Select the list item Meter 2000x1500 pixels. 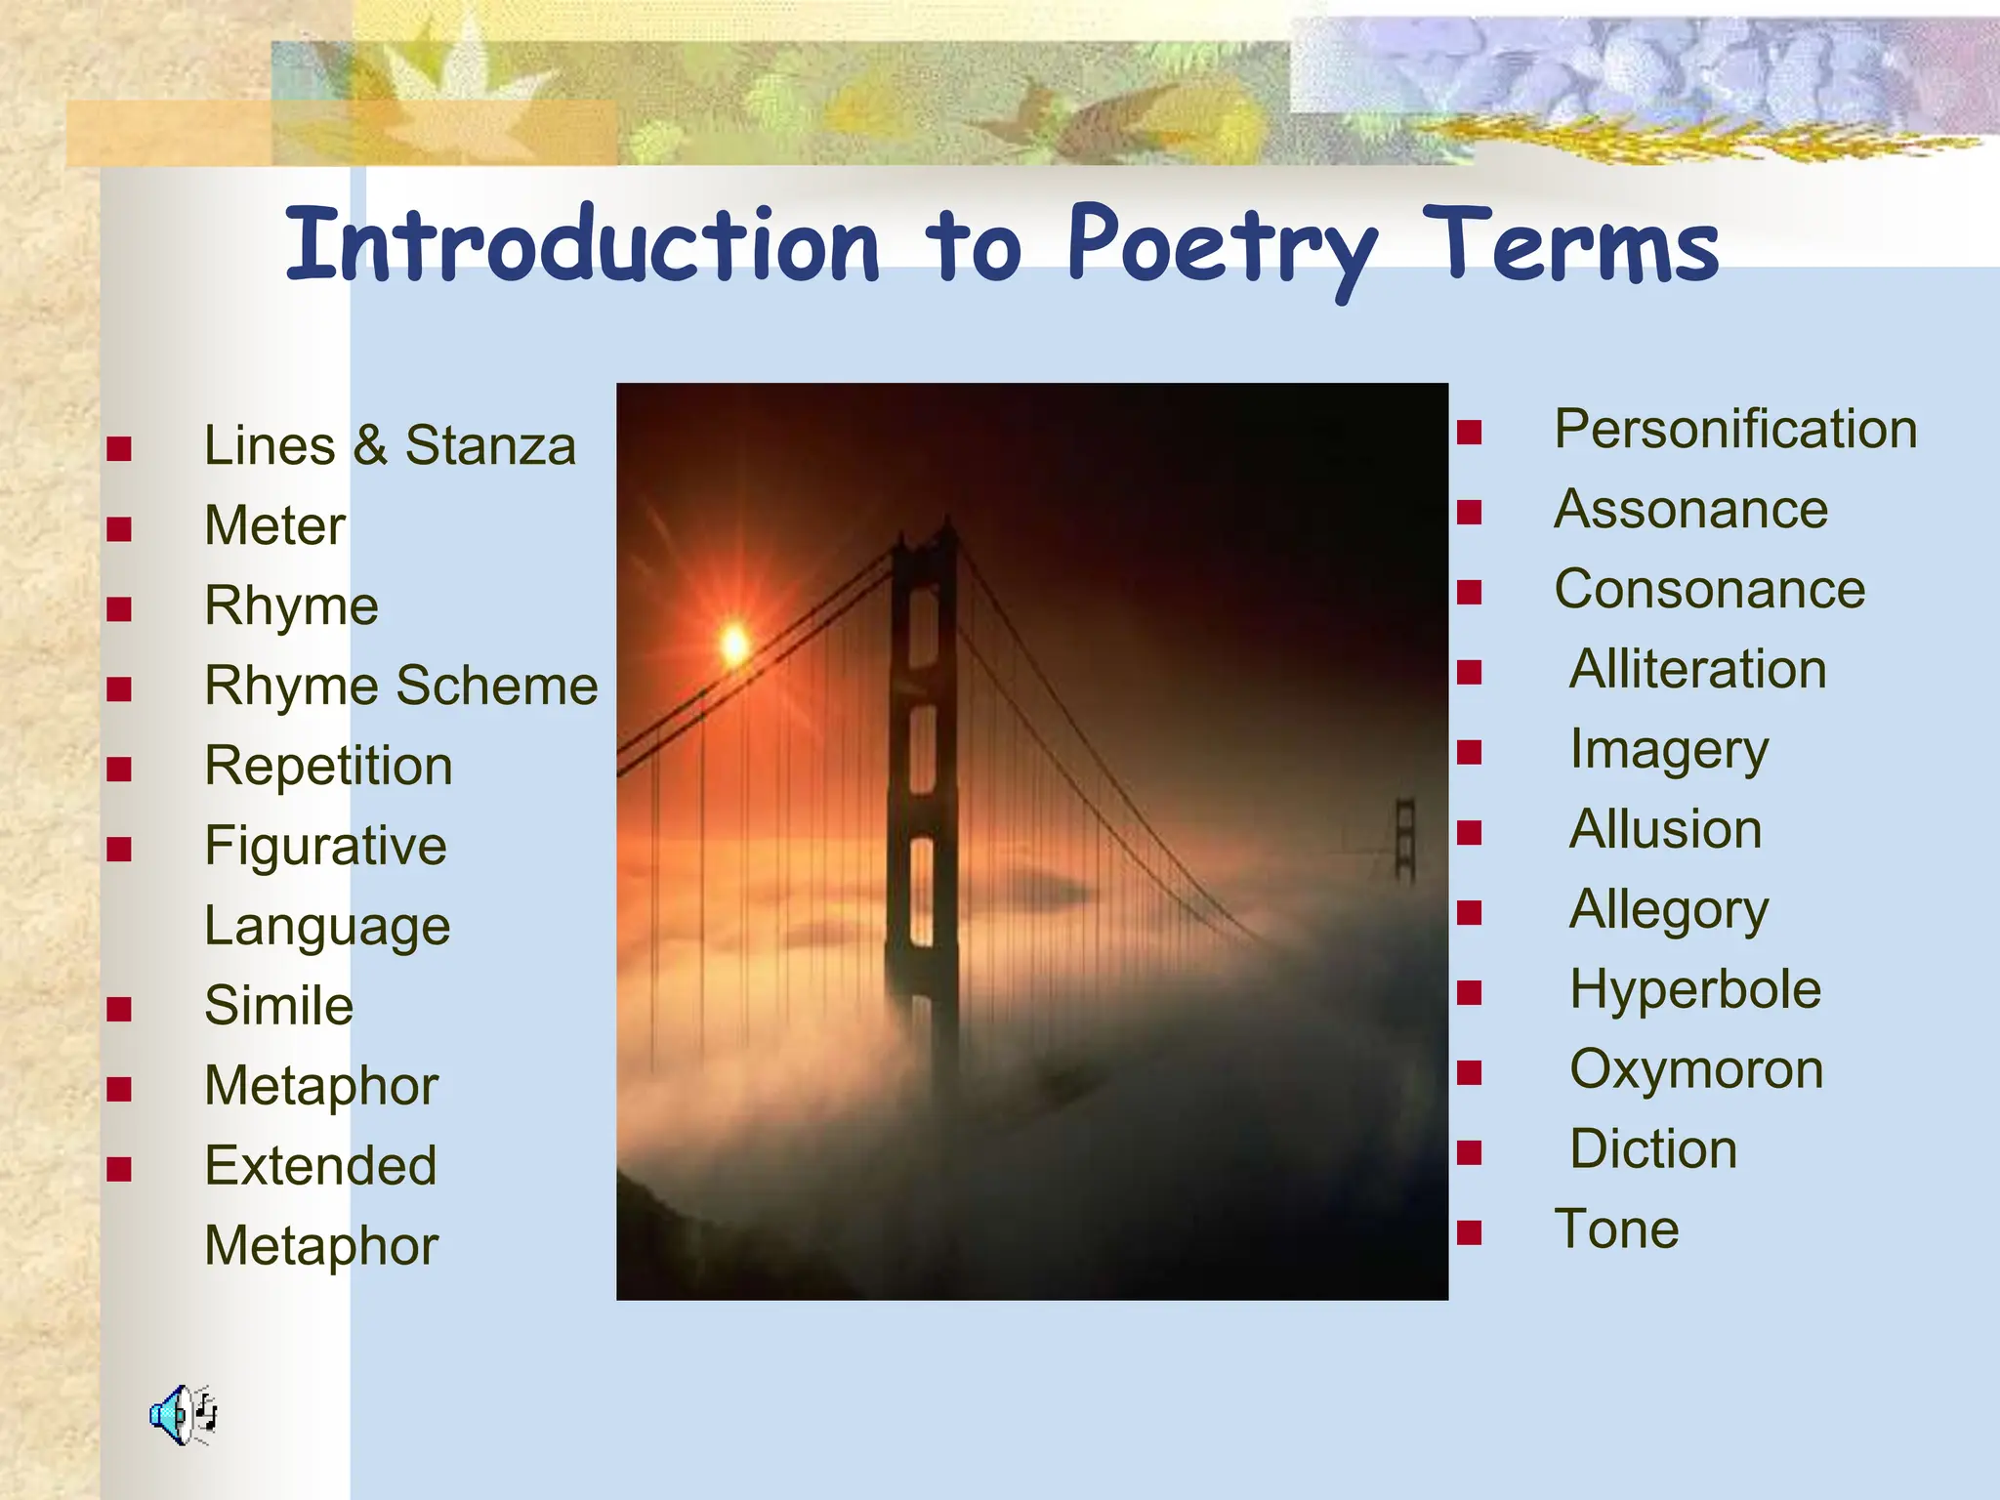(x=274, y=526)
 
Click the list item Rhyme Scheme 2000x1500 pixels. (x=400, y=686)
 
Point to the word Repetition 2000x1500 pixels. (x=328, y=766)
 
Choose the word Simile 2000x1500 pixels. (x=278, y=1006)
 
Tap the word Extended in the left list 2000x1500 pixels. (x=320, y=1166)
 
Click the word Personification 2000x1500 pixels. (x=1735, y=430)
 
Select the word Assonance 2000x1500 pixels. (x=1690, y=510)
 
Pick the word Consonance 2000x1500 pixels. (x=1709, y=590)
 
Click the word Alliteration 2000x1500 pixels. (x=1697, y=670)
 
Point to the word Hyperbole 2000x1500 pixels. (x=1695, y=990)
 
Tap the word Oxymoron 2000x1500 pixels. (x=1696, y=1070)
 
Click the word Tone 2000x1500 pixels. (x=1616, y=1229)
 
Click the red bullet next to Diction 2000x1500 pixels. (x=1469, y=1153)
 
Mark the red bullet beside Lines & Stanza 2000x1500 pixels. (x=119, y=449)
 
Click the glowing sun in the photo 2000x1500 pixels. (x=734, y=645)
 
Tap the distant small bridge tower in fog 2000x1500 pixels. (x=1404, y=840)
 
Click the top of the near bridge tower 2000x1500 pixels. (x=924, y=542)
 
